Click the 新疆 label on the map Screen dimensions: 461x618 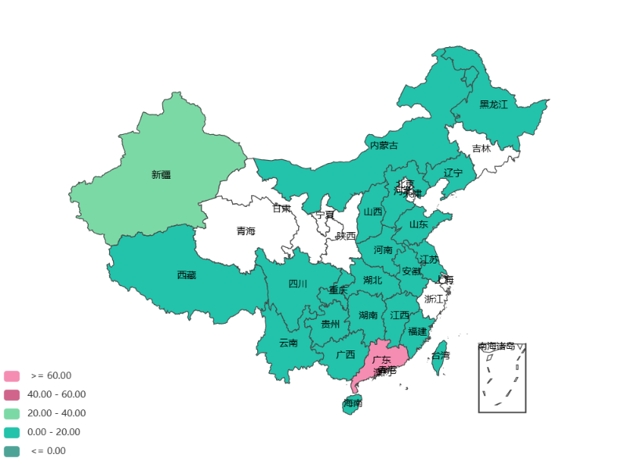[161, 175]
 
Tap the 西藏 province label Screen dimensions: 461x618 [187, 275]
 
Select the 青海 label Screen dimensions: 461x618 [245, 231]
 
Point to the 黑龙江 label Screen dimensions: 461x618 [493, 104]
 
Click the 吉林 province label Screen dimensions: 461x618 [481, 148]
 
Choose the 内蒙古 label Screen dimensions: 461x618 [384, 145]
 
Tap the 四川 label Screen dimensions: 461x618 [298, 284]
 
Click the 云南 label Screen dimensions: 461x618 [289, 343]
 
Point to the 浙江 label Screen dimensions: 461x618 [434, 299]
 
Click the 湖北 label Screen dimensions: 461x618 [373, 280]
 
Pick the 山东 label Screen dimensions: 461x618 [418, 224]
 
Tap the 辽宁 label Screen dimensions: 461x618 [453, 172]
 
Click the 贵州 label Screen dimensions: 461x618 [331, 324]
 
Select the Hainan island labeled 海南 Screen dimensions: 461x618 [352, 404]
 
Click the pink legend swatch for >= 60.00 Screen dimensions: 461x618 [11, 376]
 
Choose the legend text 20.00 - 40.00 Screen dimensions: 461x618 [56, 413]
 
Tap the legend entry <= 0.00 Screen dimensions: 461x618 [48, 451]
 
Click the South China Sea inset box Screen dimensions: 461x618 [502, 377]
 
